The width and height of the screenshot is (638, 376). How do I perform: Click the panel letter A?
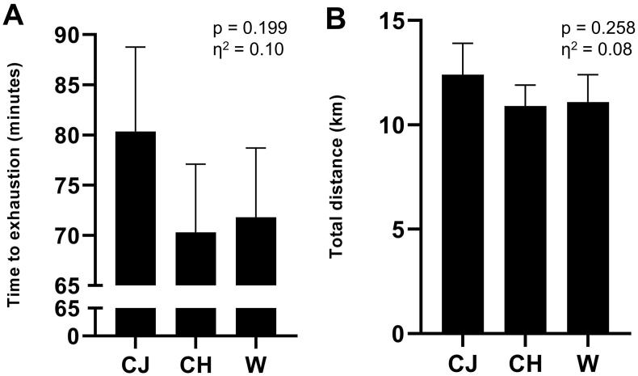click(x=14, y=15)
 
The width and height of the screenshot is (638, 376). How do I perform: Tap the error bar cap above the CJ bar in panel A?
click(x=136, y=47)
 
